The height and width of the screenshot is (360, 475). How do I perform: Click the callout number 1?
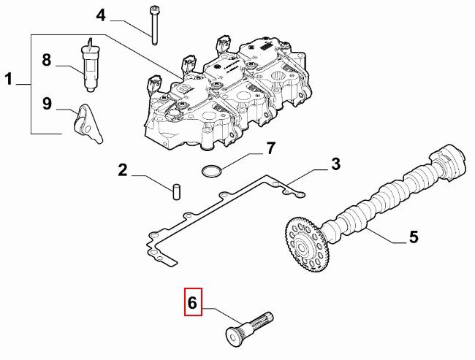tap(9, 79)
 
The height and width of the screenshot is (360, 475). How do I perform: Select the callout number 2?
tap(123, 171)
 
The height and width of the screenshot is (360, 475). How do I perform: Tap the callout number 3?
tap(335, 164)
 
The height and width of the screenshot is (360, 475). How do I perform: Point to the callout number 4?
tap(101, 15)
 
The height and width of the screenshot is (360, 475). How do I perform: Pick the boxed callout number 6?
tap(193, 302)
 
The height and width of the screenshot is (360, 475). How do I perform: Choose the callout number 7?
tap(270, 148)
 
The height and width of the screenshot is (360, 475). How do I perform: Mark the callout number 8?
tap(47, 60)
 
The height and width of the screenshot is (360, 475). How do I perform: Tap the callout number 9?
tap(47, 103)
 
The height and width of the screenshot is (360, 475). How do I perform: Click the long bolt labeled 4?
tap(155, 24)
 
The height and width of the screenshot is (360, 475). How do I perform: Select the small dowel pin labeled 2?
tap(176, 192)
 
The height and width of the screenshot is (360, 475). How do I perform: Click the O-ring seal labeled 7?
tap(211, 172)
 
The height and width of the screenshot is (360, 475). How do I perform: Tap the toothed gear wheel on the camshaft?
tap(305, 244)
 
